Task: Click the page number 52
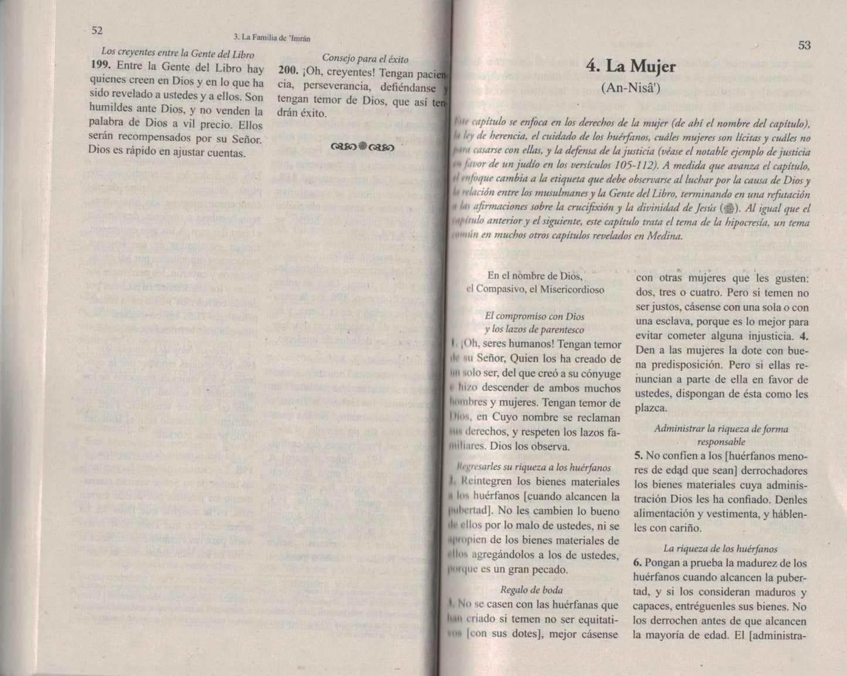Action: tap(97, 31)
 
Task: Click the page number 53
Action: tap(804, 45)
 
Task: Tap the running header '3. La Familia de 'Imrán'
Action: tap(271, 38)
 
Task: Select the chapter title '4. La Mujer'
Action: tap(631, 66)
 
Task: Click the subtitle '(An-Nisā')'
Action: tap(631, 88)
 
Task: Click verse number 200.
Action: tap(290, 74)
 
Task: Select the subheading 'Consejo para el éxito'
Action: tap(365, 59)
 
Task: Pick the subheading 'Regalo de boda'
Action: tap(532, 590)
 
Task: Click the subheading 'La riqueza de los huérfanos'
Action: tap(720, 549)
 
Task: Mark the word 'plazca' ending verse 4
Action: tap(650, 408)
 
